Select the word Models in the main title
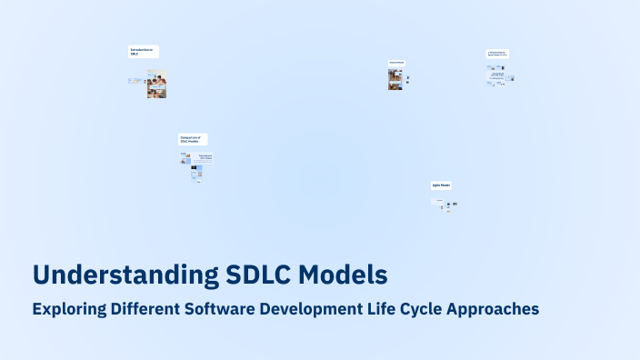coord(344,275)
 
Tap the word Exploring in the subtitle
coord(69,309)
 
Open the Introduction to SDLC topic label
coord(143,52)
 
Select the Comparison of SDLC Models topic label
coord(193,139)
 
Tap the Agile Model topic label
coord(441,185)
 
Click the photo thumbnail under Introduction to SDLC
coord(156,84)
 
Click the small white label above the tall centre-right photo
coord(397,63)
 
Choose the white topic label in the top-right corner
coord(497,54)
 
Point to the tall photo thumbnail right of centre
coord(395,79)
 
